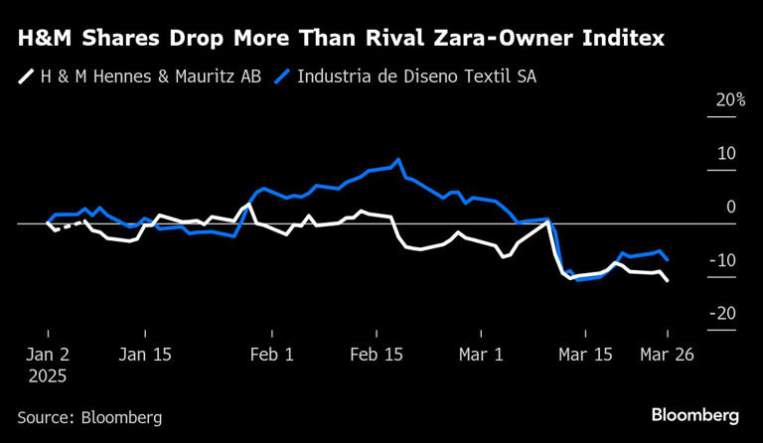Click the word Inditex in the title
coord(620,40)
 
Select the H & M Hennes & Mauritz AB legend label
coord(151,76)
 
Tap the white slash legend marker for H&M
coord(25,76)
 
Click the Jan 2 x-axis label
coord(48,355)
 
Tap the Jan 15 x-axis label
coord(145,355)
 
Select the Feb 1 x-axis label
coord(271,355)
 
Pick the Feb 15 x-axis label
coord(377,355)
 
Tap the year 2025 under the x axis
coord(48,377)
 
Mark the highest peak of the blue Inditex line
coord(398,159)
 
